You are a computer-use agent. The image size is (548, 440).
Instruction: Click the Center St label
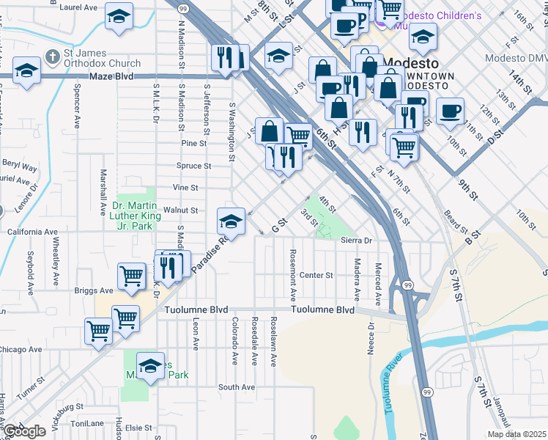316,276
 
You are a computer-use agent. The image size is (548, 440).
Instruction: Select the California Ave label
32,232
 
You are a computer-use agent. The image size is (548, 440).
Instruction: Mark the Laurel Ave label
79,7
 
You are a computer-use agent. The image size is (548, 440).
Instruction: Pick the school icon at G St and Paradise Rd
231,220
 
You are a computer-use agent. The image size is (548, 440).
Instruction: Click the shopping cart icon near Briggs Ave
132,276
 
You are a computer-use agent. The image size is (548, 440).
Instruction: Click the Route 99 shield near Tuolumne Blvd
407,284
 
